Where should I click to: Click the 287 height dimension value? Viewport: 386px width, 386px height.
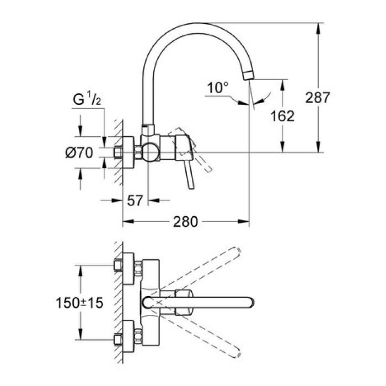tap(318, 98)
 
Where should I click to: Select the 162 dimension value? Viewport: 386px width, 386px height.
tap(283, 116)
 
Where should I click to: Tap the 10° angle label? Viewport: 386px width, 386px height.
tap(217, 87)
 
